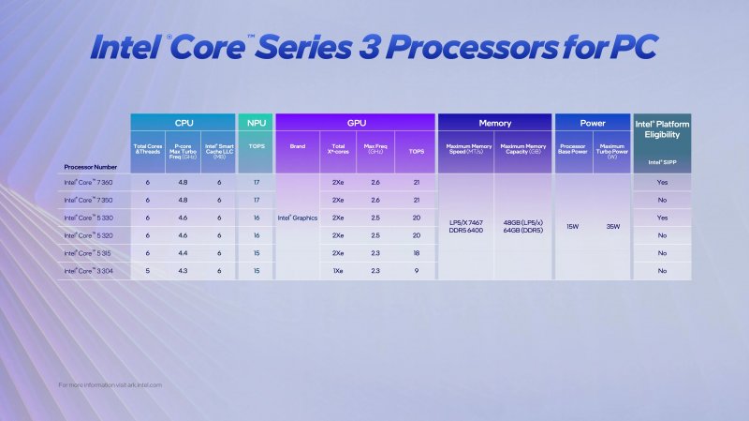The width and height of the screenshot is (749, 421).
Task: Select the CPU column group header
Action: click(183, 122)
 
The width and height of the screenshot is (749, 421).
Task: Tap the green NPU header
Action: click(256, 122)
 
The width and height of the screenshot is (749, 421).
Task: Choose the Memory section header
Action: click(495, 122)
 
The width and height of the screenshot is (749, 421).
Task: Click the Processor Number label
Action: click(91, 167)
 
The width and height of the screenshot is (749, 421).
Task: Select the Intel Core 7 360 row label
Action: click(88, 182)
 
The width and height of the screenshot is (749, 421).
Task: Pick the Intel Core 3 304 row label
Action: click(88, 271)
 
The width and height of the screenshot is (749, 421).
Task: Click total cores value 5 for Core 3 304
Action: click(148, 271)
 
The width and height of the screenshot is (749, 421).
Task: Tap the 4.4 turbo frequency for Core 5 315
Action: click(184, 253)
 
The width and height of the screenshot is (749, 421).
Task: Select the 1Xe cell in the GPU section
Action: click(337, 271)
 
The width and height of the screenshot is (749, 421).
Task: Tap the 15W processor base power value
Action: click(572, 226)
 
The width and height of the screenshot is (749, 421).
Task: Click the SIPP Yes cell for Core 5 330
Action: click(662, 218)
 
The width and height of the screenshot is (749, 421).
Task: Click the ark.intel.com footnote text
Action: click(110, 384)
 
